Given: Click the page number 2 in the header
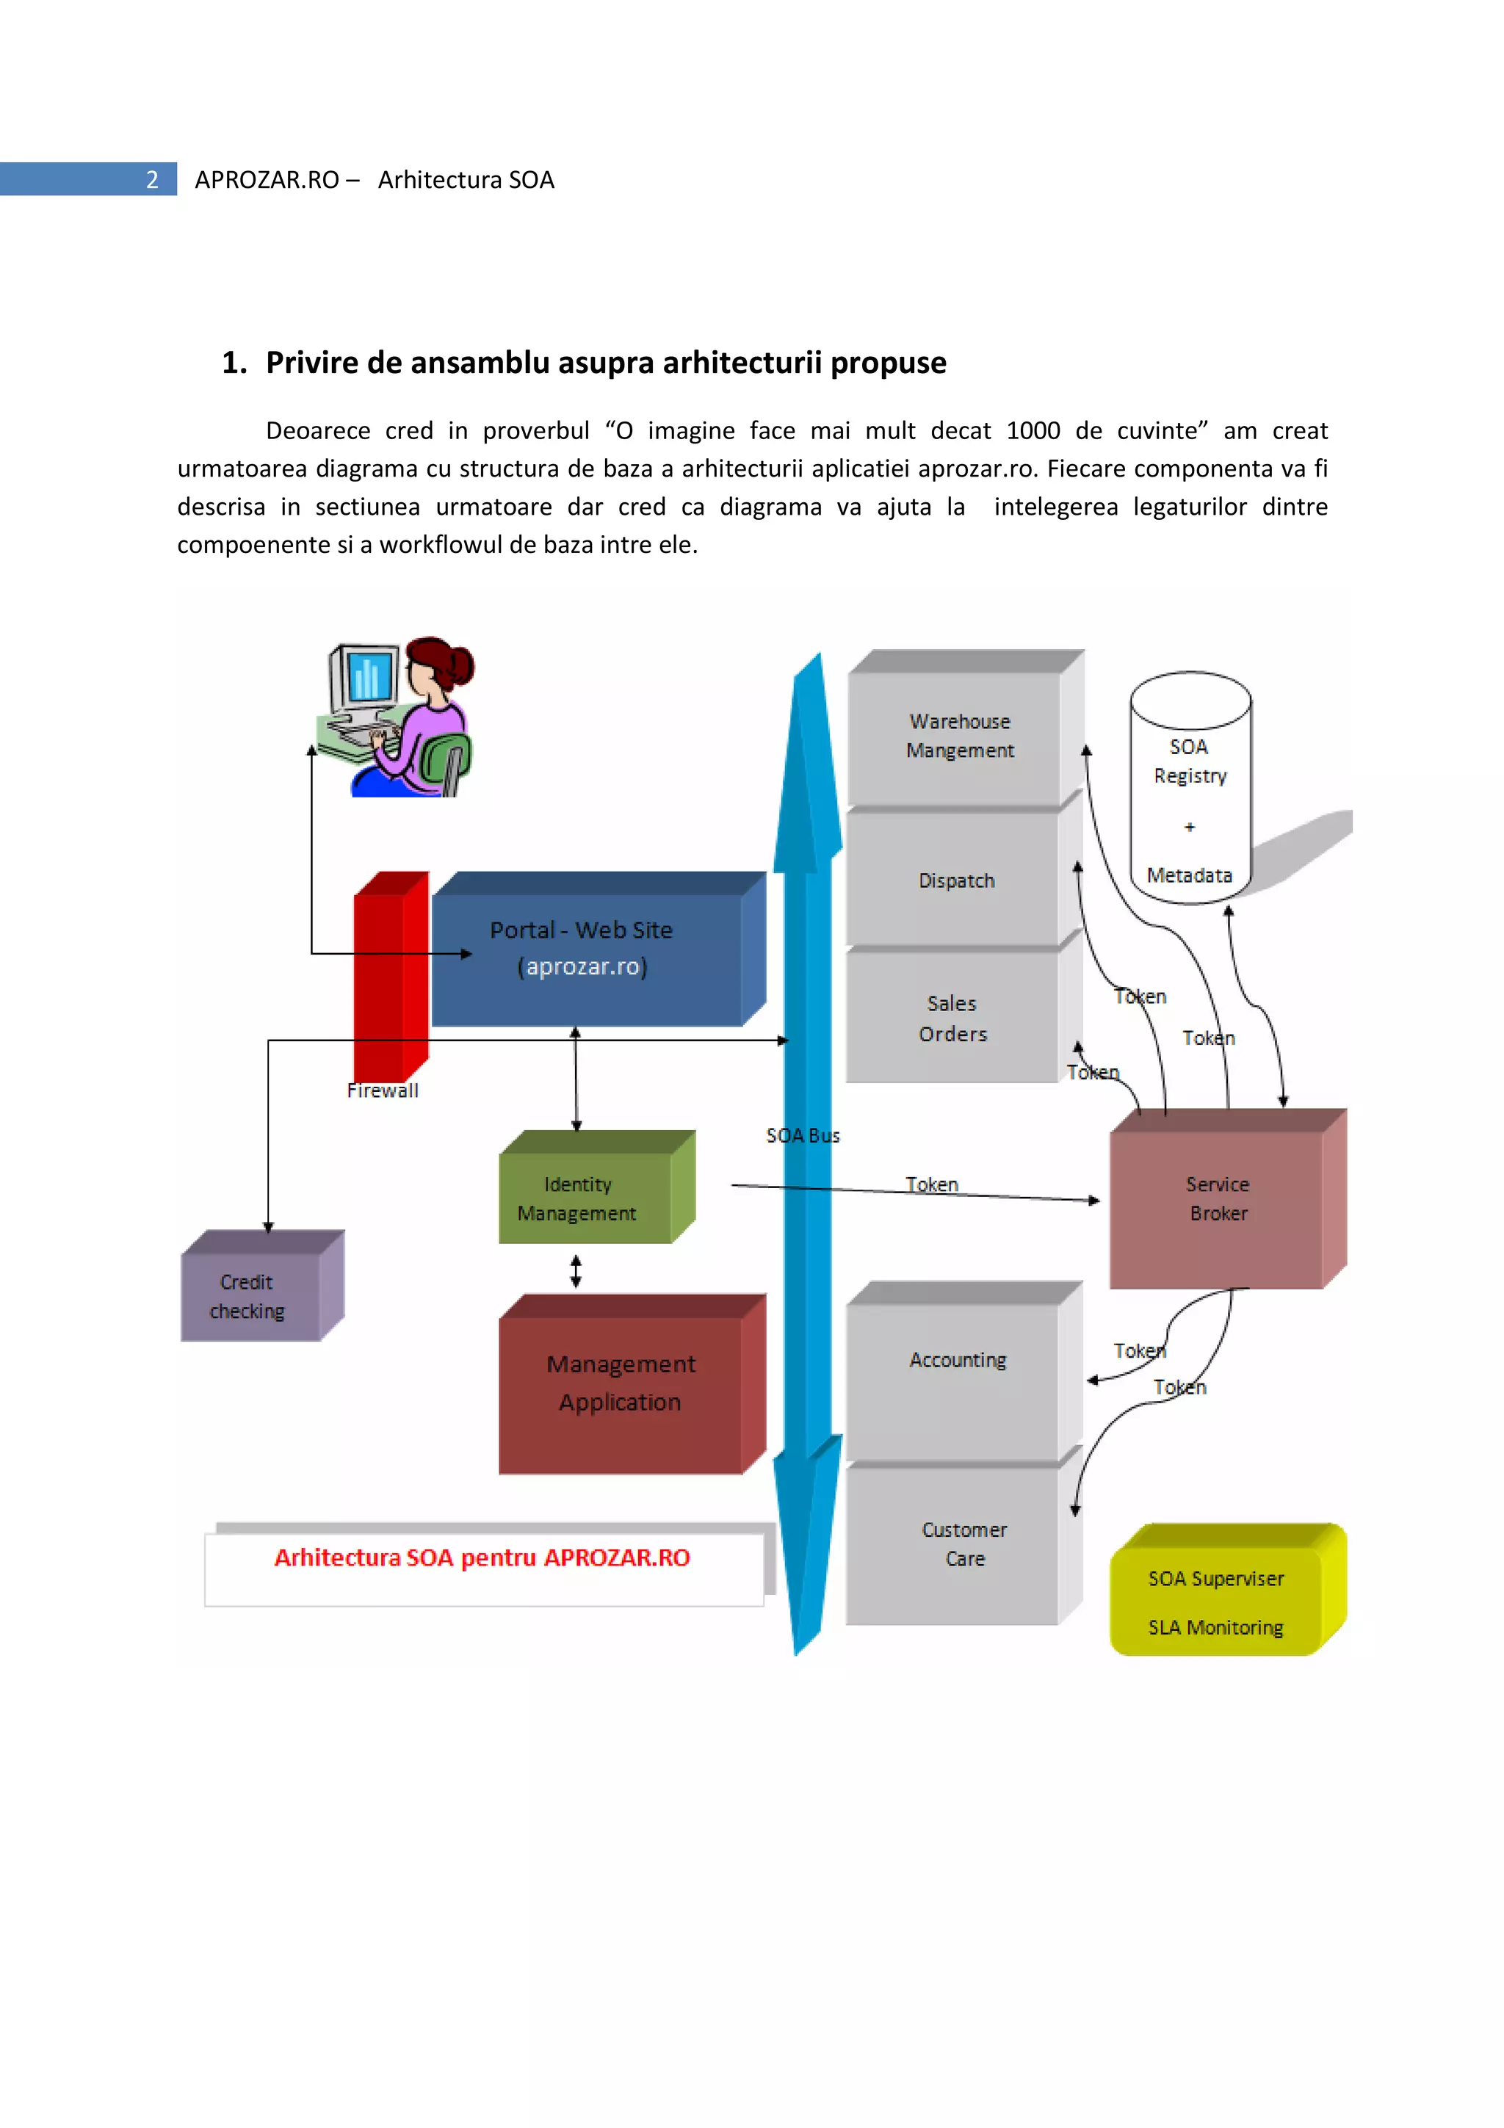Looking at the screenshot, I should pyautogui.click(x=152, y=180).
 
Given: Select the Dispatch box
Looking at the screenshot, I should pyautogui.click(x=955, y=880).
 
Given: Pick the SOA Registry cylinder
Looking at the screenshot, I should pyautogui.click(x=1190, y=797).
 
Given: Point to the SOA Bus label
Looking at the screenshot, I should pyautogui.click(x=803, y=1135).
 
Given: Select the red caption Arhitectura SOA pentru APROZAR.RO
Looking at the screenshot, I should pyautogui.click(x=482, y=1558).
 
